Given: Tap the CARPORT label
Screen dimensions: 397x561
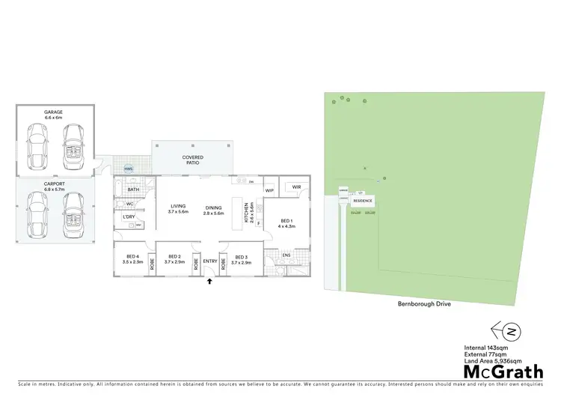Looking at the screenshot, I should (54, 184).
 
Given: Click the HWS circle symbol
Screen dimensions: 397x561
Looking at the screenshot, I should (128, 168).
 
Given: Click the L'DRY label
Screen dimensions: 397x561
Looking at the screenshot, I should (128, 217).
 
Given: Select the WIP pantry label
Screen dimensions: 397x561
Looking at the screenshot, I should (269, 191).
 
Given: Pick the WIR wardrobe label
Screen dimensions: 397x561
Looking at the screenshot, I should (296, 187).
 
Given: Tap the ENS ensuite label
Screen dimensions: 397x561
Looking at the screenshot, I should (286, 255).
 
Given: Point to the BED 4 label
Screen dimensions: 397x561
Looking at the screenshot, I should (132, 259).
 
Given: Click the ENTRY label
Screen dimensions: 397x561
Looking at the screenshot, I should (209, 261).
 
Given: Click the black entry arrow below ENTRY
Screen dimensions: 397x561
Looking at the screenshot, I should (209, 282).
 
